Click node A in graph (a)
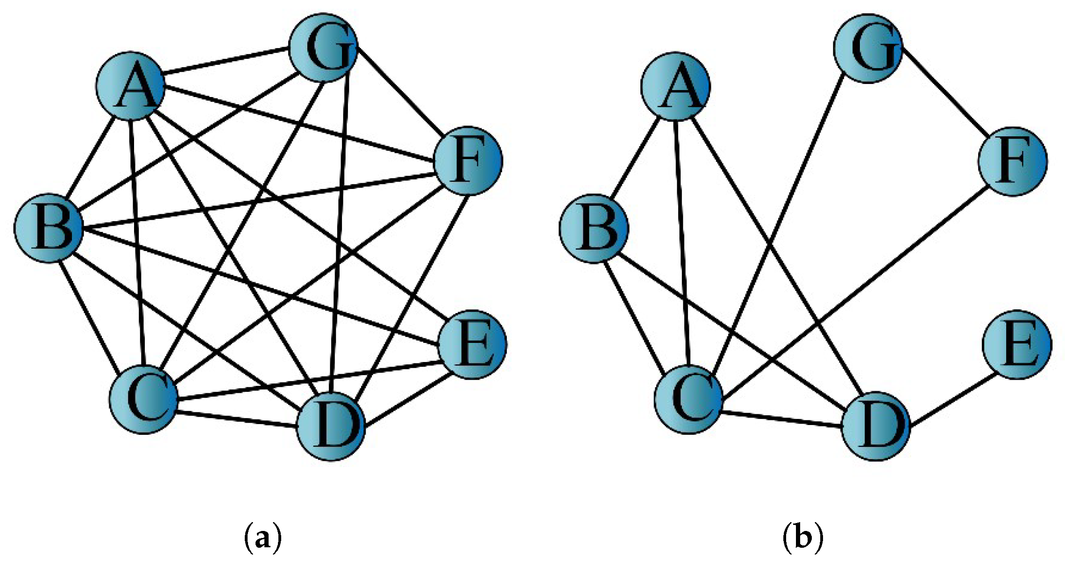coord(130,86)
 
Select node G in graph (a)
coord(323,48)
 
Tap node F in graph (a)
coord(468,160)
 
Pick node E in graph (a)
coord(472,344)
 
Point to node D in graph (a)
coord(331,426)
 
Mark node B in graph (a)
coord(48,228)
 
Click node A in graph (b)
coord(675,87)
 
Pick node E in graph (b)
coord(1017,344)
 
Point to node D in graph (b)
coord(876,426)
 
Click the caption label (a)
coord(263,538)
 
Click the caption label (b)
coord(802,538)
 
